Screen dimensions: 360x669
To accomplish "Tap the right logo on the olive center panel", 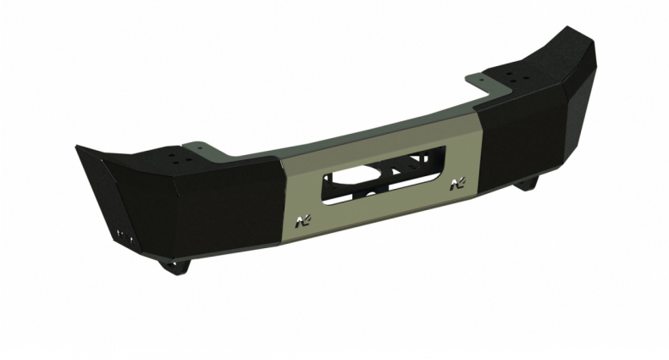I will click(460, 183).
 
